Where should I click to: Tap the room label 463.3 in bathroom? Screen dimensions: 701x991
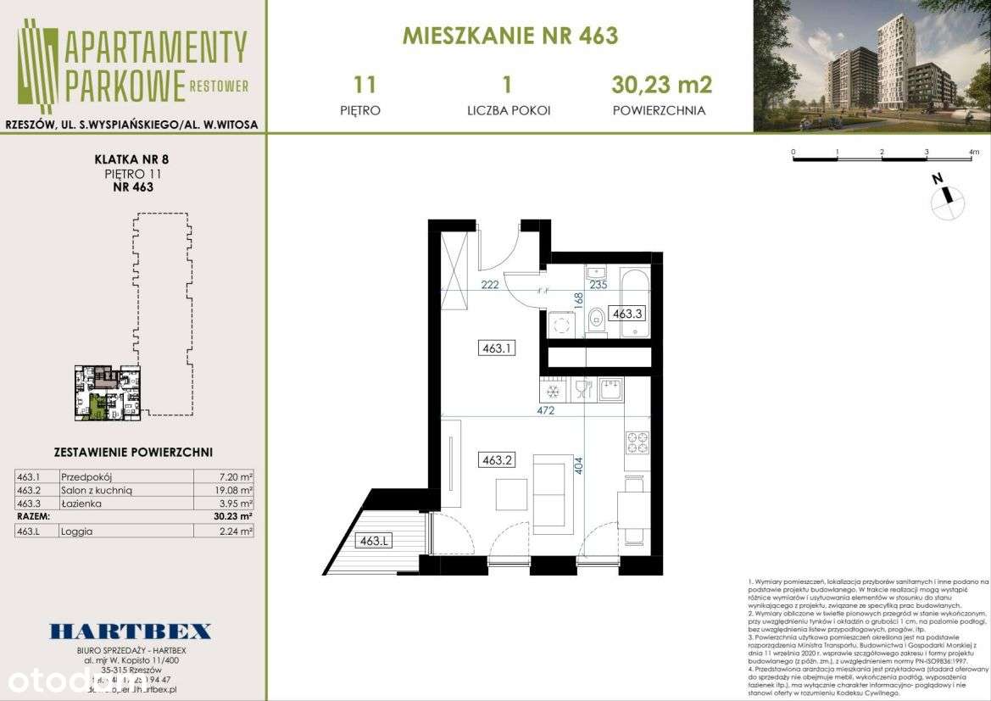coord(627,313)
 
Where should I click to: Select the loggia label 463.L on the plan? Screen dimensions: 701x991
coord(373,540)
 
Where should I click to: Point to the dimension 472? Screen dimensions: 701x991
coord(546,410)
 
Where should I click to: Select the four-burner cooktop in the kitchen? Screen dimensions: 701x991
coord(637,442)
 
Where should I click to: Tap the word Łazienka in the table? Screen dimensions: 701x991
coord(82,503)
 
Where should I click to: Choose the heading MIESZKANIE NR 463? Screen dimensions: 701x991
coord(509,36)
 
